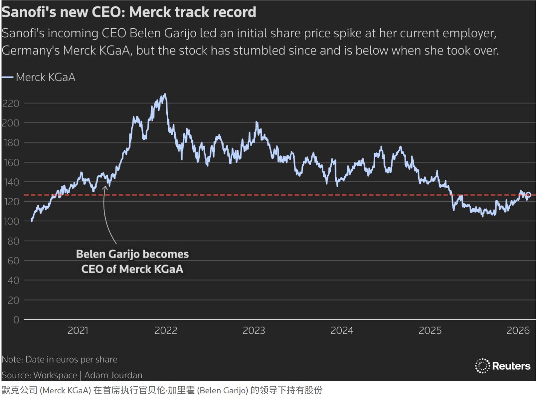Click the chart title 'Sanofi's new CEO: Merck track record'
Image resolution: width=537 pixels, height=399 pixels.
click(129, 12)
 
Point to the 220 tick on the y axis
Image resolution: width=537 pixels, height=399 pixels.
click(11, 103)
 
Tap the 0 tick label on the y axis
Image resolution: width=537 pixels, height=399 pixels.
click(16, 320)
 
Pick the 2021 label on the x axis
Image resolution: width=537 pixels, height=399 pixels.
click(78, 331)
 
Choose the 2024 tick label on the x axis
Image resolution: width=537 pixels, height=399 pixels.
click(342, 331)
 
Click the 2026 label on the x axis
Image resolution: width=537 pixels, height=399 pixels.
click(518, 331)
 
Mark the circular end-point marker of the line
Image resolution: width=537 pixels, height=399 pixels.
click(528, 195)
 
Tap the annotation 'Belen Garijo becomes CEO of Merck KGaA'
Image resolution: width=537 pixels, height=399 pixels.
click(132, 261)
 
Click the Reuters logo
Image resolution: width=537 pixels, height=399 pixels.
click(503, 366)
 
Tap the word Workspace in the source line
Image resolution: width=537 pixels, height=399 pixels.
click(55, 375)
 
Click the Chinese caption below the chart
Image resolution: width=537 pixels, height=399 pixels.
click(162, 390)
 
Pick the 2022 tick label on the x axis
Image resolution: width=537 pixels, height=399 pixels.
click(166, 331)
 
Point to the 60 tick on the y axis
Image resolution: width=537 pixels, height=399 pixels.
click(13, 261)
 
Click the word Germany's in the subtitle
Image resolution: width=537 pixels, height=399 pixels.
click(30, 50)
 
